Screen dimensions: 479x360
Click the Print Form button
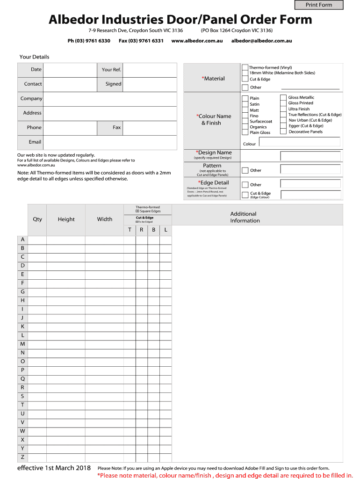click(319, 5)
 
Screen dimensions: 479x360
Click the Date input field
click(70, 70)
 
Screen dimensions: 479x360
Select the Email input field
click(109, 142)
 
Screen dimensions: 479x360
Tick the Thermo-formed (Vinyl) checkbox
click(245, 68)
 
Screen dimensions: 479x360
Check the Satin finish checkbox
click(245, 104)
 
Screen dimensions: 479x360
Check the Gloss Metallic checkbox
click(283, 98)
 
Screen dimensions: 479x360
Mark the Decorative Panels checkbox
click(283, 132)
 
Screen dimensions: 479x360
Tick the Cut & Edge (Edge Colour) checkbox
click(245, 195)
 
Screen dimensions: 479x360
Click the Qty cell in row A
click(37, 240)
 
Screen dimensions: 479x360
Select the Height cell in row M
click(66, 344)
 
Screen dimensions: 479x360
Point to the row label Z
click(22, 457)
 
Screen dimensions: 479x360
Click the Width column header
click(105, 219)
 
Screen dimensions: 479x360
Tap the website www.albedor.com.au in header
click(196, 41)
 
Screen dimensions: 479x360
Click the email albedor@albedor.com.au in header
click(261, 41)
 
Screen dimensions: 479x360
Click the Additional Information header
click(243, 217)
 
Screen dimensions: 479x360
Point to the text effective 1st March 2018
click(54, 468)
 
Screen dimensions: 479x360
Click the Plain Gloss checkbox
click(245, 132)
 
